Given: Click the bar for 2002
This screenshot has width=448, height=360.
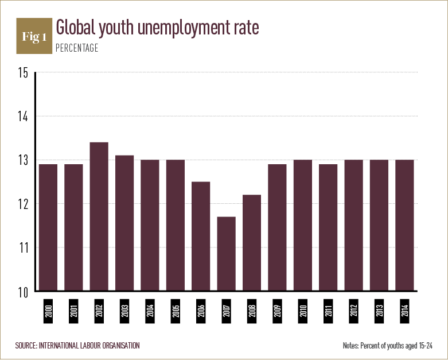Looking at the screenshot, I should (x=99, y=217).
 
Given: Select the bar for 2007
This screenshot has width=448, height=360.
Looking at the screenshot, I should (x=227, y=254).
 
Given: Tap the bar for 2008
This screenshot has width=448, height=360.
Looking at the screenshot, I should (x=252, y=243).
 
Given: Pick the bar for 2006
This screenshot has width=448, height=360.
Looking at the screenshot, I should (x=201, y=237).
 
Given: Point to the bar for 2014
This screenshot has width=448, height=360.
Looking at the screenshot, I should (x=405, y=226).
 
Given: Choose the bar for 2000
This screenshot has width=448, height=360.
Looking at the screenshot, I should (x=48, y=228).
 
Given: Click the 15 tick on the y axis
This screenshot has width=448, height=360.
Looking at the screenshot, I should (x=23, y=73).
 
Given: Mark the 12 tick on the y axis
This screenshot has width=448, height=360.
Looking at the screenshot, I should (x=23, y=204).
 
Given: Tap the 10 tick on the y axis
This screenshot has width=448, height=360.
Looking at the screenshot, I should (x=23, y=291).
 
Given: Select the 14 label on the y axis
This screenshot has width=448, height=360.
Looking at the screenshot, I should (x=23, y=117).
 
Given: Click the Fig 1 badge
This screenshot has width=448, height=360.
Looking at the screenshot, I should (x=33, y=37).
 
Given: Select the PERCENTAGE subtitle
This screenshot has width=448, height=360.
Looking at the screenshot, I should (x=77, y=48).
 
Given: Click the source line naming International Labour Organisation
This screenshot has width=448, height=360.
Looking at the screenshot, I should (x=77, y=345).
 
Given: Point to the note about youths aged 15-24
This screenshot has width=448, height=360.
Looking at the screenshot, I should (x=387, y=345).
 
